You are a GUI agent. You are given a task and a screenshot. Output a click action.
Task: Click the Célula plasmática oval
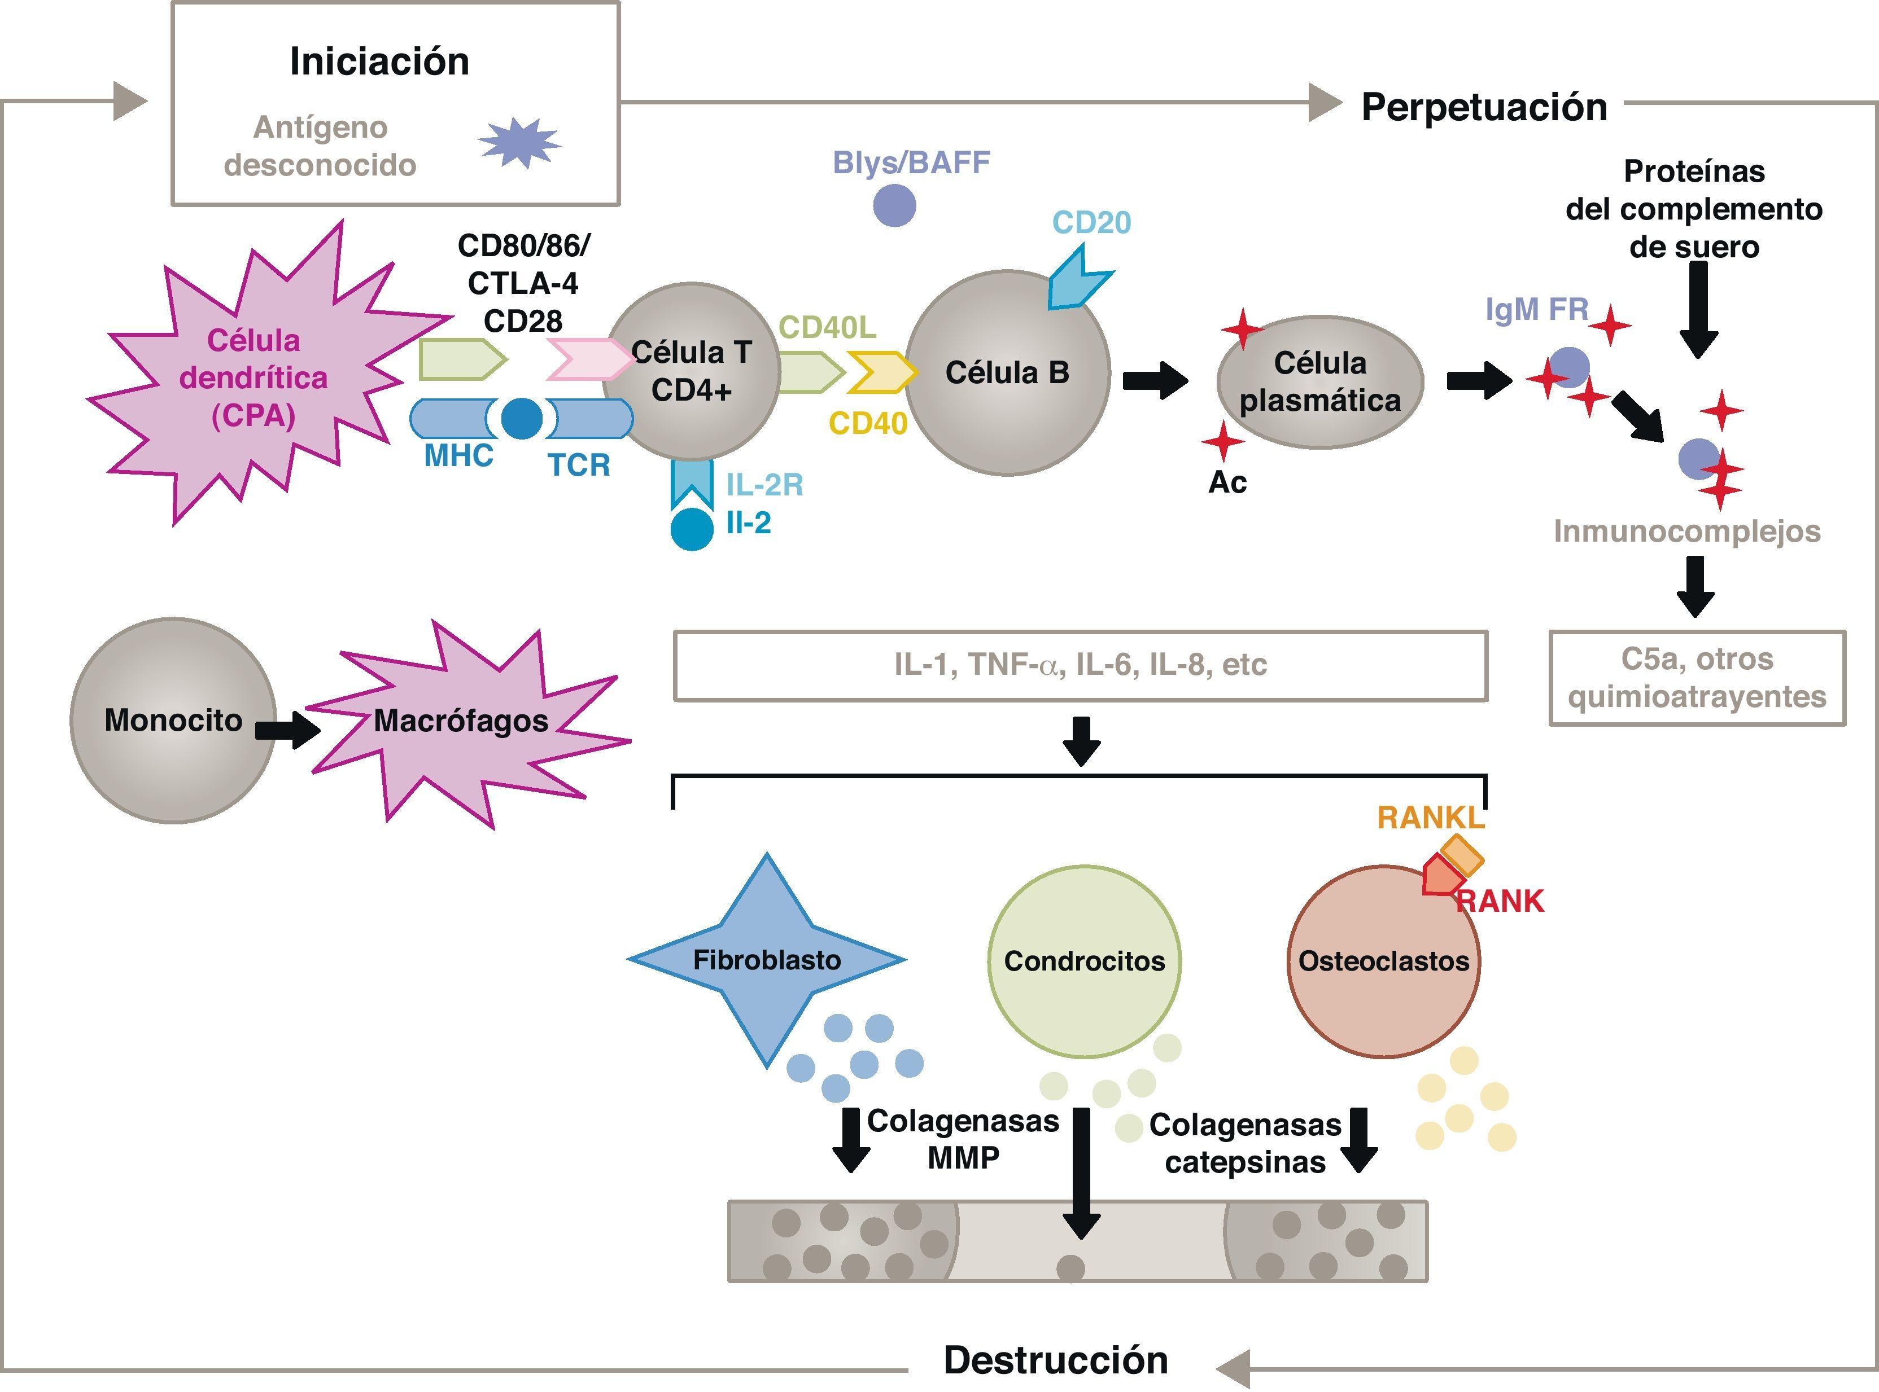1319,381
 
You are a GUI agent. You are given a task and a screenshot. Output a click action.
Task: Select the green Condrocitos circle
1084,960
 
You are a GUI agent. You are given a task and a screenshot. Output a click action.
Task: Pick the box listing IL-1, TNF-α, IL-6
1080,665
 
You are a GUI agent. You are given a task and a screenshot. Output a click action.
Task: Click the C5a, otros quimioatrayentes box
1697,678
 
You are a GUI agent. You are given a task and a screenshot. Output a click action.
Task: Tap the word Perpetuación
1484,108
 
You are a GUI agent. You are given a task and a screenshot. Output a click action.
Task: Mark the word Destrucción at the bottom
1055,1360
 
